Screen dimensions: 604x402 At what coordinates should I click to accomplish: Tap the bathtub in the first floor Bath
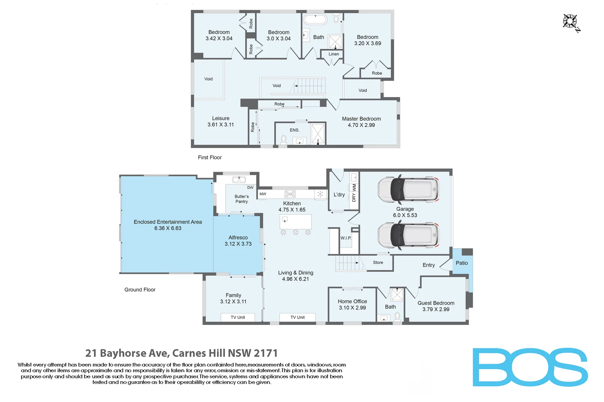[315, 20]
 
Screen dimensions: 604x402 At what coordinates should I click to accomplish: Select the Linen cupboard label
[334, 54]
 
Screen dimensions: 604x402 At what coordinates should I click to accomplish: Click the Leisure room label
[221, 118]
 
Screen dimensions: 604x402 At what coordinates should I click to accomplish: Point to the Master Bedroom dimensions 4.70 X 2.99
[361, 125]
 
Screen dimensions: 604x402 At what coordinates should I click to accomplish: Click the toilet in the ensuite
[283, 140]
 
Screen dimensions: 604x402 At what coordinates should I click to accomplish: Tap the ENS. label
[295, 130]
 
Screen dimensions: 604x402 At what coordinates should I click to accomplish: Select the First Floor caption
[210, 157]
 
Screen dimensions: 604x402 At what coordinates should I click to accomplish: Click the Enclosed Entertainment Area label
[168, 222]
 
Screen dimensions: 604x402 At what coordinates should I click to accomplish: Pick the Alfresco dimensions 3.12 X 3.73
[238, 244]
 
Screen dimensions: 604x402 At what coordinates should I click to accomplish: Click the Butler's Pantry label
[242, 199]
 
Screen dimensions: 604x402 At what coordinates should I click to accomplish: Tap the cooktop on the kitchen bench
[290, 194]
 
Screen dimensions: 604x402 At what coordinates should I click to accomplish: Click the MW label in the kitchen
[263, 194]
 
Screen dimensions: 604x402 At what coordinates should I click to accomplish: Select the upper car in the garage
[408, 189]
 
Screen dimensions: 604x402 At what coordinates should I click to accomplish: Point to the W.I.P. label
[346, 238]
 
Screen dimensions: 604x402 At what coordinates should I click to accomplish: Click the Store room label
[378, 262]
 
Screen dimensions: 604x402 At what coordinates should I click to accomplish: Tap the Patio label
[462, 263]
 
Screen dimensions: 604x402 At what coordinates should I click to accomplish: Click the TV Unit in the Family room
[238, 318]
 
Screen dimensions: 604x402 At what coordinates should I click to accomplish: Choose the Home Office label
[352, 301]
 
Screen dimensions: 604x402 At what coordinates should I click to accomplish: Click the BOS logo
[530, 367]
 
